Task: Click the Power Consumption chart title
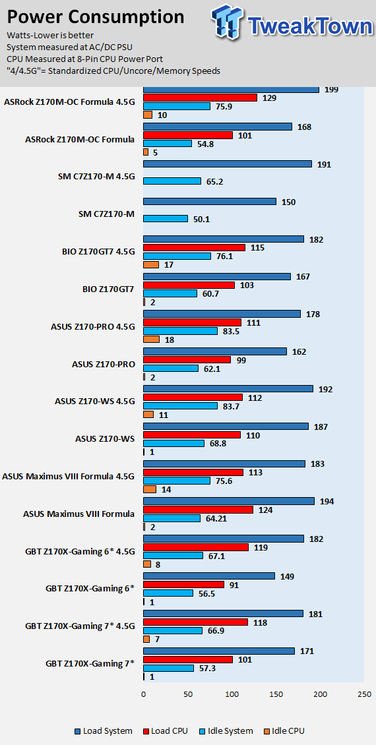(x=96, y=17)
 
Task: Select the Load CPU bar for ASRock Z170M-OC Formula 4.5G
(x=200, y=98)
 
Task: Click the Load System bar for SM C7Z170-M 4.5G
(x=227, y=164)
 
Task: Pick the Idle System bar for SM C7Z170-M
(x=166, y=219)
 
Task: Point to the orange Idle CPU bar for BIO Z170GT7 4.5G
(x=150, y=264)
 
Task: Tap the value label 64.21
(x=216, y=518)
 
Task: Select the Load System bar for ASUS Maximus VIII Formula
(x=229, y=501)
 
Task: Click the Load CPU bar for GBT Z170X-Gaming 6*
(x=183, y=584)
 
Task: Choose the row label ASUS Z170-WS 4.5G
(x=95, y=402)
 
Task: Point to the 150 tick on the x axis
(x=276, y=694)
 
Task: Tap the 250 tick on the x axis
(x=364, y=694)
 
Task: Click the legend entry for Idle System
(x=226, y=730)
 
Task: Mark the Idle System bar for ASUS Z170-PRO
(x=171, y=369)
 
